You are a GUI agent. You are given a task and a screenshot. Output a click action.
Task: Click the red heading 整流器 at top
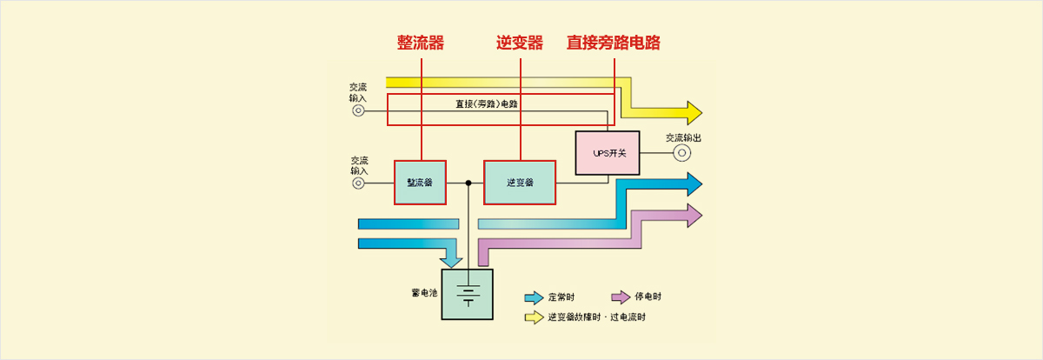421,43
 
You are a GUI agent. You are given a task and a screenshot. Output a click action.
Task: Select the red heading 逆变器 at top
520,43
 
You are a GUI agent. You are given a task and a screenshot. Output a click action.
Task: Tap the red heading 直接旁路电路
620,43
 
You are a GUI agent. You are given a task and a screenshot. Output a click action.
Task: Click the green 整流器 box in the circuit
420,183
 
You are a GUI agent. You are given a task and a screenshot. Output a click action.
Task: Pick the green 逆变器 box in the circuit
520,183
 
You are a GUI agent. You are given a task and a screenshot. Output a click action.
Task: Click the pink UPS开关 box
608,153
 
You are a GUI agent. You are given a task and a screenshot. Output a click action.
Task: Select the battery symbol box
468,295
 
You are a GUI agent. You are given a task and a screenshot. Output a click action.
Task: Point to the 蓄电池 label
424,293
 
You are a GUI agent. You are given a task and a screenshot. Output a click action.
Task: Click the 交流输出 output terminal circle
683,154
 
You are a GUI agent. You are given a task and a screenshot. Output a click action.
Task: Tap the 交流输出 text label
683,137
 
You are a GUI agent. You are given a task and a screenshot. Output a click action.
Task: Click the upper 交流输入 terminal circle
358,111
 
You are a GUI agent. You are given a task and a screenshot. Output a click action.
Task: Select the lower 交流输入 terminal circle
358,183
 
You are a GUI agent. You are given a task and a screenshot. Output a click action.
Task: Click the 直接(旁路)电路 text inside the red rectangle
492,104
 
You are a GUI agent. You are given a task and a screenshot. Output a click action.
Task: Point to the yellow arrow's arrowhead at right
694,113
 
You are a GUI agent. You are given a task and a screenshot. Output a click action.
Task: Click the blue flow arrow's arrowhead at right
694,183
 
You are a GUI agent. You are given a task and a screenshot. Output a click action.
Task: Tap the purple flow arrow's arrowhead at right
694,215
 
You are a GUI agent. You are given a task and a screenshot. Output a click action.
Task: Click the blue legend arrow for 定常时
534,297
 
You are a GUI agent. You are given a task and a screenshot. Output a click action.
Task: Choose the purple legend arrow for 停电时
621,297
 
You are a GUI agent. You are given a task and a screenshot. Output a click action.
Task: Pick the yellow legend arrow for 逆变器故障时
534,317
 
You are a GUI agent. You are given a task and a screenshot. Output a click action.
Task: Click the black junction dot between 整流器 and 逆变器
468,183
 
